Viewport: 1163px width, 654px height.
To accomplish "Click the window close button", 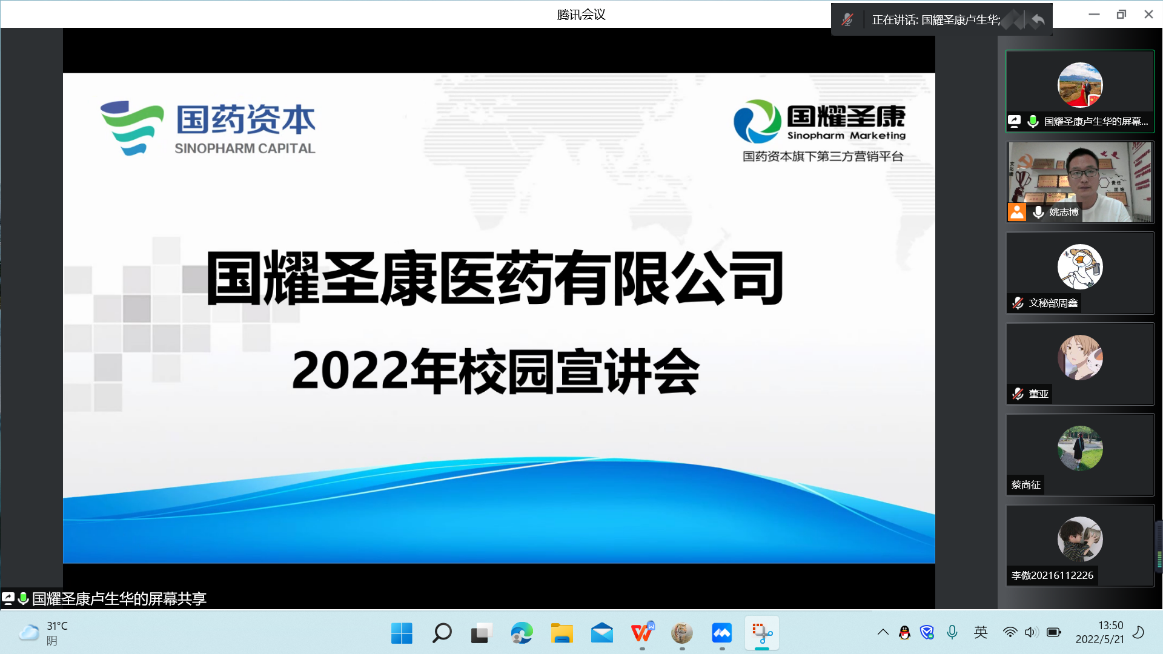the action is [1148, 15].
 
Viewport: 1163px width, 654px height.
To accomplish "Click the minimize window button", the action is [1094, 15].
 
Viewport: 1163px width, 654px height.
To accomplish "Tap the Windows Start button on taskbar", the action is [402, 633].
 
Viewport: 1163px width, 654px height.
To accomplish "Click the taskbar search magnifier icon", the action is [442, 633].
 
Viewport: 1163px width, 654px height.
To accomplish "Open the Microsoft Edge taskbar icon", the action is [522, 633].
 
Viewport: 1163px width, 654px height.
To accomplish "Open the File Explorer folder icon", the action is [562, 633].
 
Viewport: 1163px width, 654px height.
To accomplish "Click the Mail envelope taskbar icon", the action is [602, 633].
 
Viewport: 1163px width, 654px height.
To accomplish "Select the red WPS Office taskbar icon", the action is [642, 633].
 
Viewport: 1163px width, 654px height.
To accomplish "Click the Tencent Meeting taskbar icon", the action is [722, 633].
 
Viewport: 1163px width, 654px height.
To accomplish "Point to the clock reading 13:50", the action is [1111, 626].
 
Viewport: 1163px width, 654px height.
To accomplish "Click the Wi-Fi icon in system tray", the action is [1010, 633].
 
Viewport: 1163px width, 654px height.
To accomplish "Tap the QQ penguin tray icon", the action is [904, 633].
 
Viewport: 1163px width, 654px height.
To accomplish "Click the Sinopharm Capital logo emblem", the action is [132, 128].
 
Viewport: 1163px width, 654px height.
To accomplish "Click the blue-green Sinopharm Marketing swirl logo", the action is [757, 121].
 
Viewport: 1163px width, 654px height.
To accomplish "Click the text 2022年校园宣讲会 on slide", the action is [495, 371].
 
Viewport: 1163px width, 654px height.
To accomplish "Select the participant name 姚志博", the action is [1064, 212].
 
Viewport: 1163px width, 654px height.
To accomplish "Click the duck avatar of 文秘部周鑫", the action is [1080, 267].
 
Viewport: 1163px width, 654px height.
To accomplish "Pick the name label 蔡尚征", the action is [1025, 485].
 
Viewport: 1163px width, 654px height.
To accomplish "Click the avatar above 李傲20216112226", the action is [1080, 539].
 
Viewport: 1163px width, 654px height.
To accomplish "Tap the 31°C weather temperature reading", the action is [58, 626].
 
